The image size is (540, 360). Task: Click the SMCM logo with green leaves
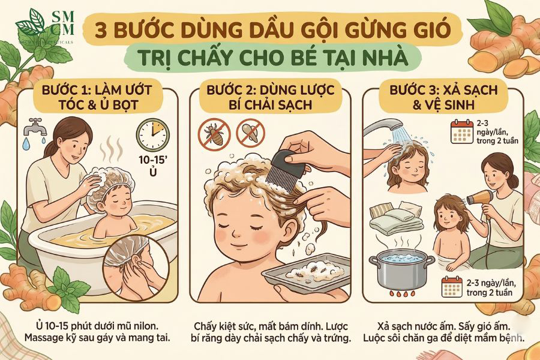[45, 26]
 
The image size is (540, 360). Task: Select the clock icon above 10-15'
[153, 134]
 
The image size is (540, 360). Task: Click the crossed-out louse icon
[214, 134]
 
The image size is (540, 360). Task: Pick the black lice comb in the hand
[287, 168]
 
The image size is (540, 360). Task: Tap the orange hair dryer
[481, 199]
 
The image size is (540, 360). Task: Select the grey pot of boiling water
[401, 268]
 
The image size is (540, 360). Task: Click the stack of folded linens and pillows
[397, 217]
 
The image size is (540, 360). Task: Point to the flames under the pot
[401, 294]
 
